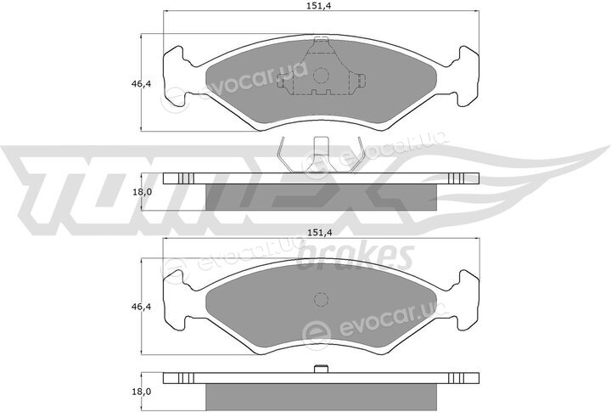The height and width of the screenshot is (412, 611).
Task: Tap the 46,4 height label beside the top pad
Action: coord(141,83)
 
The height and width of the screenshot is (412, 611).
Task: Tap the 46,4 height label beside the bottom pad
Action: coord(141,307)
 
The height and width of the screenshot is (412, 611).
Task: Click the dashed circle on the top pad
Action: coord(321,76)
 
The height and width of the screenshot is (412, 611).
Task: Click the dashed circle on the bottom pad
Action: coord(321,300)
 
